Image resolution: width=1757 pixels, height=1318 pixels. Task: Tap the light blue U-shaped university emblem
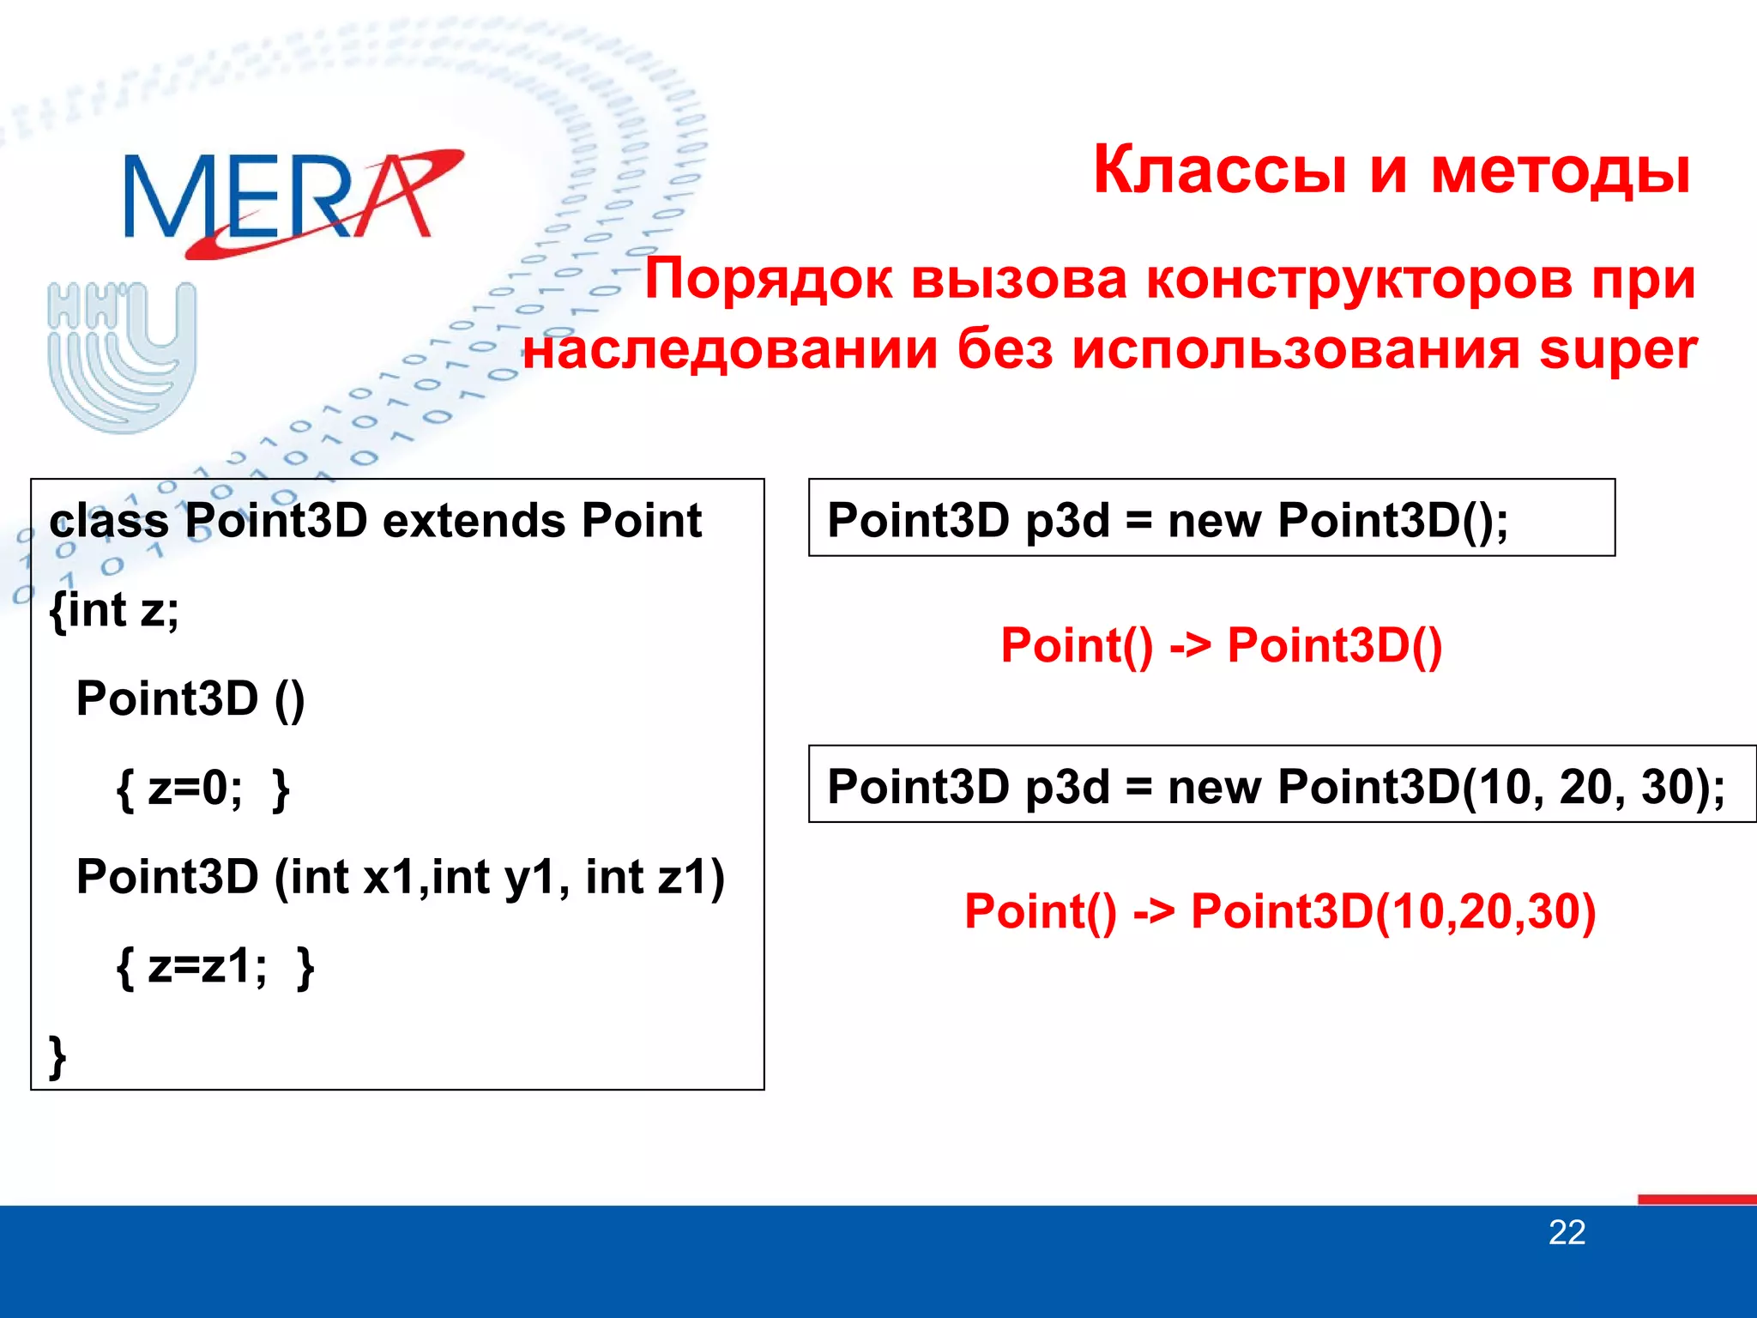coord(123,356)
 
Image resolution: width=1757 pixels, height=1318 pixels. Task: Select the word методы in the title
coord(1560,170)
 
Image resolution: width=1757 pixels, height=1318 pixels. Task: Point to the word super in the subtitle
coord(1617,350)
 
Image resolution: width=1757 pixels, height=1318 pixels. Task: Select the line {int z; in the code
coord(115,610)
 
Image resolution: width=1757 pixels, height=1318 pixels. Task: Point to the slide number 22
coord(1567,1233)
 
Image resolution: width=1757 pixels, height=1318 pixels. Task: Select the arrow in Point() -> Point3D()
coord(1190,645)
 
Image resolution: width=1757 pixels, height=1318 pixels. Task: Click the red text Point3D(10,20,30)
coord(1392,911)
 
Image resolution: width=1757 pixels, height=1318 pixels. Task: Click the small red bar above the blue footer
coord(1696,1199)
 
